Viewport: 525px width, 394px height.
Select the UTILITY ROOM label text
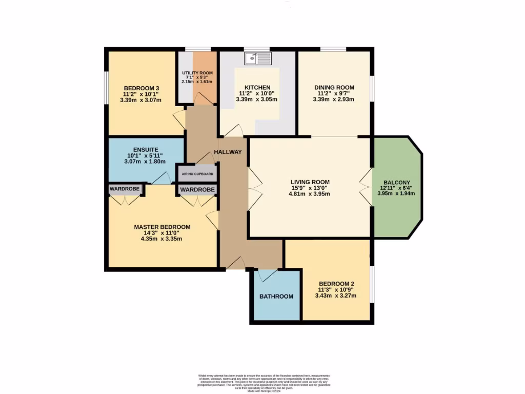tap(197, 73)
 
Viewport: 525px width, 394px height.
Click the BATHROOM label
tap(276, 297)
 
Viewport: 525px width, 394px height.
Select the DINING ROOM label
tap(334, 87)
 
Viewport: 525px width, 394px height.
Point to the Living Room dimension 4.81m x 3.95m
tap(310, 194)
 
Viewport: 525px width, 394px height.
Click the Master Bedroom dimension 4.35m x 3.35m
tap(162, 239)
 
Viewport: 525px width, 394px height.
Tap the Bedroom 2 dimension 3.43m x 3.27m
tap(337, 295)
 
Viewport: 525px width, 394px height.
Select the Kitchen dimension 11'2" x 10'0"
tap(257, 94)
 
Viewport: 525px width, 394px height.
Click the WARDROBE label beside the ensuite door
tap(125, 189)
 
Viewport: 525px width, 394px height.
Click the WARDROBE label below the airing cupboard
tap(197, 190)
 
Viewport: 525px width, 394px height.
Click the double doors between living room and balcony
tap(365, 188)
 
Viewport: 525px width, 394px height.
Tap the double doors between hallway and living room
tap(255, 188)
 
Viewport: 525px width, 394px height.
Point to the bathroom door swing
tap(267, 275)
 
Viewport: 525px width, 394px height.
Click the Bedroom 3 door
tap(179, 119)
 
